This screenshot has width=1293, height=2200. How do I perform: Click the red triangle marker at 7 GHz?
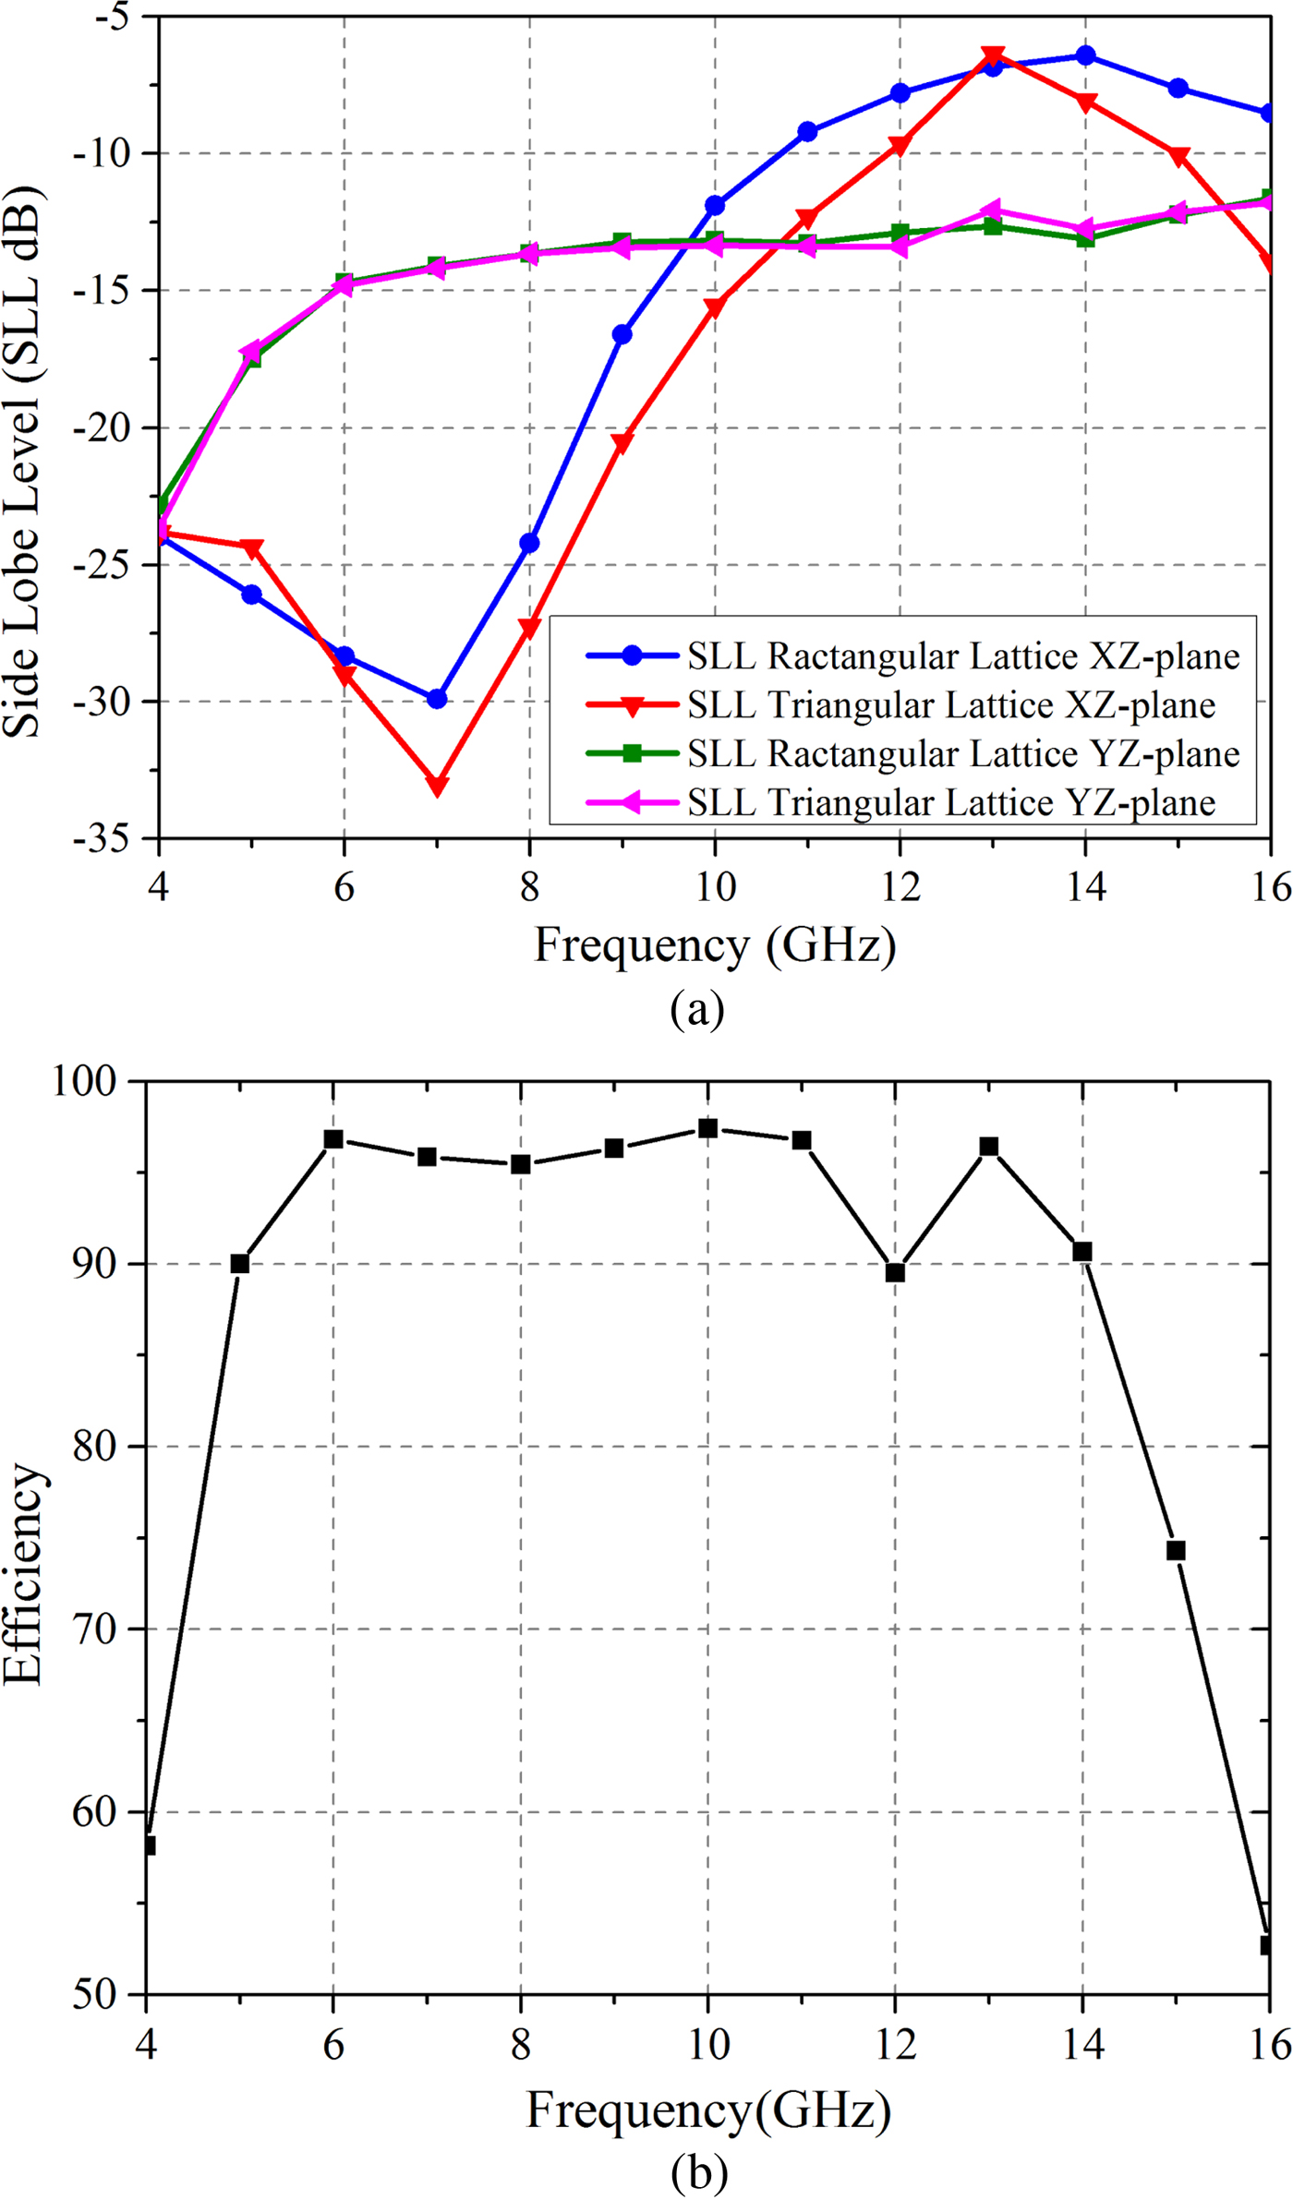[x=437, y=785]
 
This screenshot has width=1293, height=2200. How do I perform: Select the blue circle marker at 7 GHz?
[x=437, y=699]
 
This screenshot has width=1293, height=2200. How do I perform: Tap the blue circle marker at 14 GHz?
[x=1085, y=55]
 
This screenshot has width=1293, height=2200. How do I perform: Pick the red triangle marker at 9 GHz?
[x=622, y=443]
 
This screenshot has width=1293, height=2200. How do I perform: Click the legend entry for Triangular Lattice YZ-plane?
[x=951, y=802]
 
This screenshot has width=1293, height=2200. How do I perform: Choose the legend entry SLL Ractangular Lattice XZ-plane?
[x=962, y=656]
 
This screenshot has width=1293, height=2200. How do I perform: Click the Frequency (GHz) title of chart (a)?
[x=715, y=945]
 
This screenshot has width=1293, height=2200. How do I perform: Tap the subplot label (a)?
[x=697, y=1008]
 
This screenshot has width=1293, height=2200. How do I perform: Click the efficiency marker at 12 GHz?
[x=895, y=1272]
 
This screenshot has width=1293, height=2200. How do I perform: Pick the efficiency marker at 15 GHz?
[x=1175, y=1550]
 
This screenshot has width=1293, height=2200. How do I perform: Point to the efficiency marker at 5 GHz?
[x=240, y=1263]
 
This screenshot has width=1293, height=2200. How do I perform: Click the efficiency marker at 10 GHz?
[x=707, y=1128]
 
